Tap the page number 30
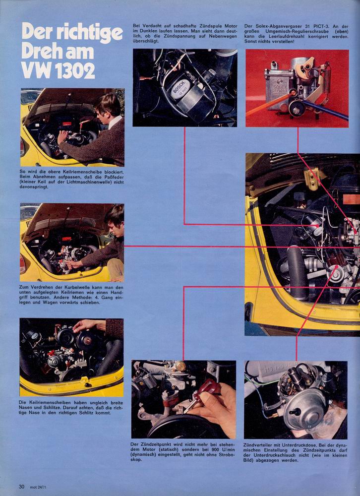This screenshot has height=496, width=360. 21,487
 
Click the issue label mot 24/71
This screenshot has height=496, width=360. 39,487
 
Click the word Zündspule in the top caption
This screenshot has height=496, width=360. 210,26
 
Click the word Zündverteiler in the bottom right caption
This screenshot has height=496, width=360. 258,445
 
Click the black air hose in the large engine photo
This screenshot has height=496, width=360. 297,272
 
